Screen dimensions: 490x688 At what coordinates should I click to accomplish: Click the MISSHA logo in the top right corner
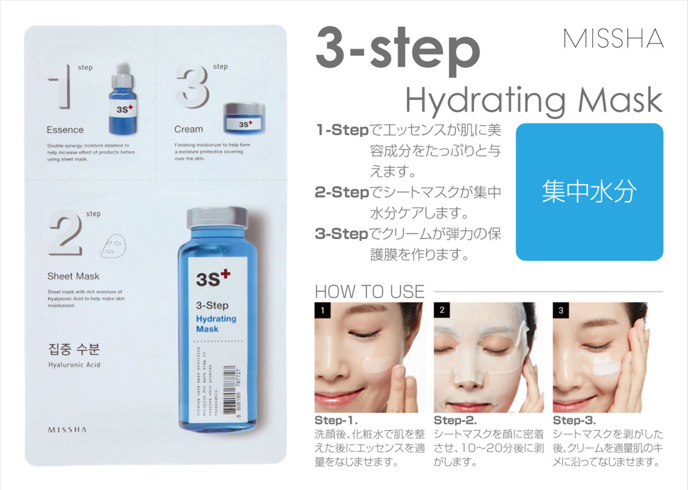pos(613,38)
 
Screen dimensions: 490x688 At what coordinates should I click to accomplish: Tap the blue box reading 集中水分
pos(589,192)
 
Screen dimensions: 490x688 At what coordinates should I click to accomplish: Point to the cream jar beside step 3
pos(244,119)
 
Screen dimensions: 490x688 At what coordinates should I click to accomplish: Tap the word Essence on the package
pos(65,130)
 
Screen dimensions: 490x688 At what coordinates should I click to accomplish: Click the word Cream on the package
pos(188,129)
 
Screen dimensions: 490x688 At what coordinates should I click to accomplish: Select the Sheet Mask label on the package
pos(73,276)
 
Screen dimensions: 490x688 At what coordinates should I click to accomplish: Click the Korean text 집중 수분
pos(74,349)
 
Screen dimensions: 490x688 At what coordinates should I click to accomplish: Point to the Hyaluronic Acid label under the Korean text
pos(74,365)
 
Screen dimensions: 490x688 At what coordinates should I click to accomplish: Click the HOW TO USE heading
pos(369,291)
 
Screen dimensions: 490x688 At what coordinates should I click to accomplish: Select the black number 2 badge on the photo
pos(442,310)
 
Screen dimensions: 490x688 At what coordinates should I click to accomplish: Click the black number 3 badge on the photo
pos(560,310)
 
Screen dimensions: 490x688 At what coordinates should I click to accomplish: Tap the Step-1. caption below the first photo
pos(336,420)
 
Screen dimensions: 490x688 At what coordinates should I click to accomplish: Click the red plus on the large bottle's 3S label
pos(225,274)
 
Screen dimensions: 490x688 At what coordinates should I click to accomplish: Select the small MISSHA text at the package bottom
pos(67,430)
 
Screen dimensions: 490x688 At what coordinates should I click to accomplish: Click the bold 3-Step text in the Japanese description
pos(341,234)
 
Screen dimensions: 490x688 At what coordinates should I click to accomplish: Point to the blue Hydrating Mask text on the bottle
pos(216,324)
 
